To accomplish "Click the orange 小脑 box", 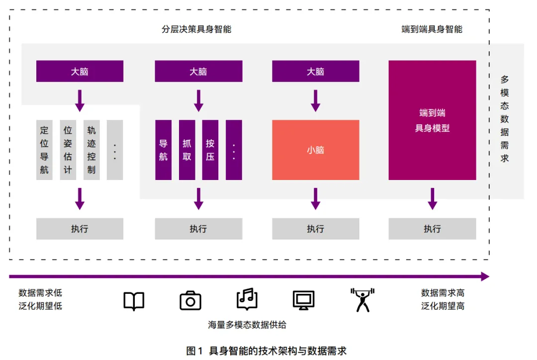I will click(x=315, y=150).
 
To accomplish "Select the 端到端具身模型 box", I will click(x=432, y=120).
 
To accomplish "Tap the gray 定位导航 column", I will click(x=44, y=150).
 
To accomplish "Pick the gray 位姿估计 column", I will click(x=68, y=150).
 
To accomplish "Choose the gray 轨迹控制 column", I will click(x=91, y=150).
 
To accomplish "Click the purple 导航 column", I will click(x=163, y=150).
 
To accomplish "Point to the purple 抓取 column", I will click(x=187, y=150).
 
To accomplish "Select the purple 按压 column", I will click(x=210, y=150).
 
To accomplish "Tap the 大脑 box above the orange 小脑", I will click(x=315, y=71).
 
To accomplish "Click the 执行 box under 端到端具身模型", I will click(x=432, y=229).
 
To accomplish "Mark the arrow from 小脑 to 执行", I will click(x=315, y=198).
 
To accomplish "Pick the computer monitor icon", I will click(x=303, y=300).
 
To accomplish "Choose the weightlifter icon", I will click(x=362, y=300).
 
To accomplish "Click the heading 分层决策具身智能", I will click(x=196, y=29).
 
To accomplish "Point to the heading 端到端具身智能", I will click(x=432, y=29).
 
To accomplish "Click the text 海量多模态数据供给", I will click(x=247, y=325).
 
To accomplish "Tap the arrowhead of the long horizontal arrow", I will click(x=485, y=276).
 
